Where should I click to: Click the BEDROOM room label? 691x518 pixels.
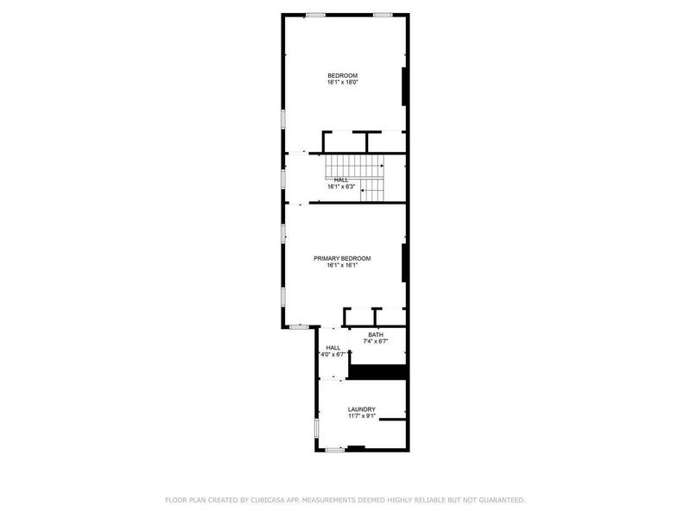pos(342,75)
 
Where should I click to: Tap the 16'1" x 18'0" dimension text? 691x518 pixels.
pos(342,83)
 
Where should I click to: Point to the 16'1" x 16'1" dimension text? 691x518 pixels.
pos(342,266)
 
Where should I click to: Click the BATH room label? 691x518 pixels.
pos(376,335)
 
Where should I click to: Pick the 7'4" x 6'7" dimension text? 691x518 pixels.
pos(376,342)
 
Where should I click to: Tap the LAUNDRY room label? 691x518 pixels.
pos(361,409)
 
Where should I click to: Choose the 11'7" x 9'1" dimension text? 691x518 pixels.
pos(361,417)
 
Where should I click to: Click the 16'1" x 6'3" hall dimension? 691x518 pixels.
pos(342,186)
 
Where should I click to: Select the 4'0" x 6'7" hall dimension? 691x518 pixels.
pos(333,354)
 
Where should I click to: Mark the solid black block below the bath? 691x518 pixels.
pos(377,371)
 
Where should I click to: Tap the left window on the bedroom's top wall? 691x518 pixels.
pos(315,14)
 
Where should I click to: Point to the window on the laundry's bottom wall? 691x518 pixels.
pos(335,448)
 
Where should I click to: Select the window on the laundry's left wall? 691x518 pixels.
pos(317,426)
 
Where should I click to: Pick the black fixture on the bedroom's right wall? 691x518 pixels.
pos(403,85)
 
